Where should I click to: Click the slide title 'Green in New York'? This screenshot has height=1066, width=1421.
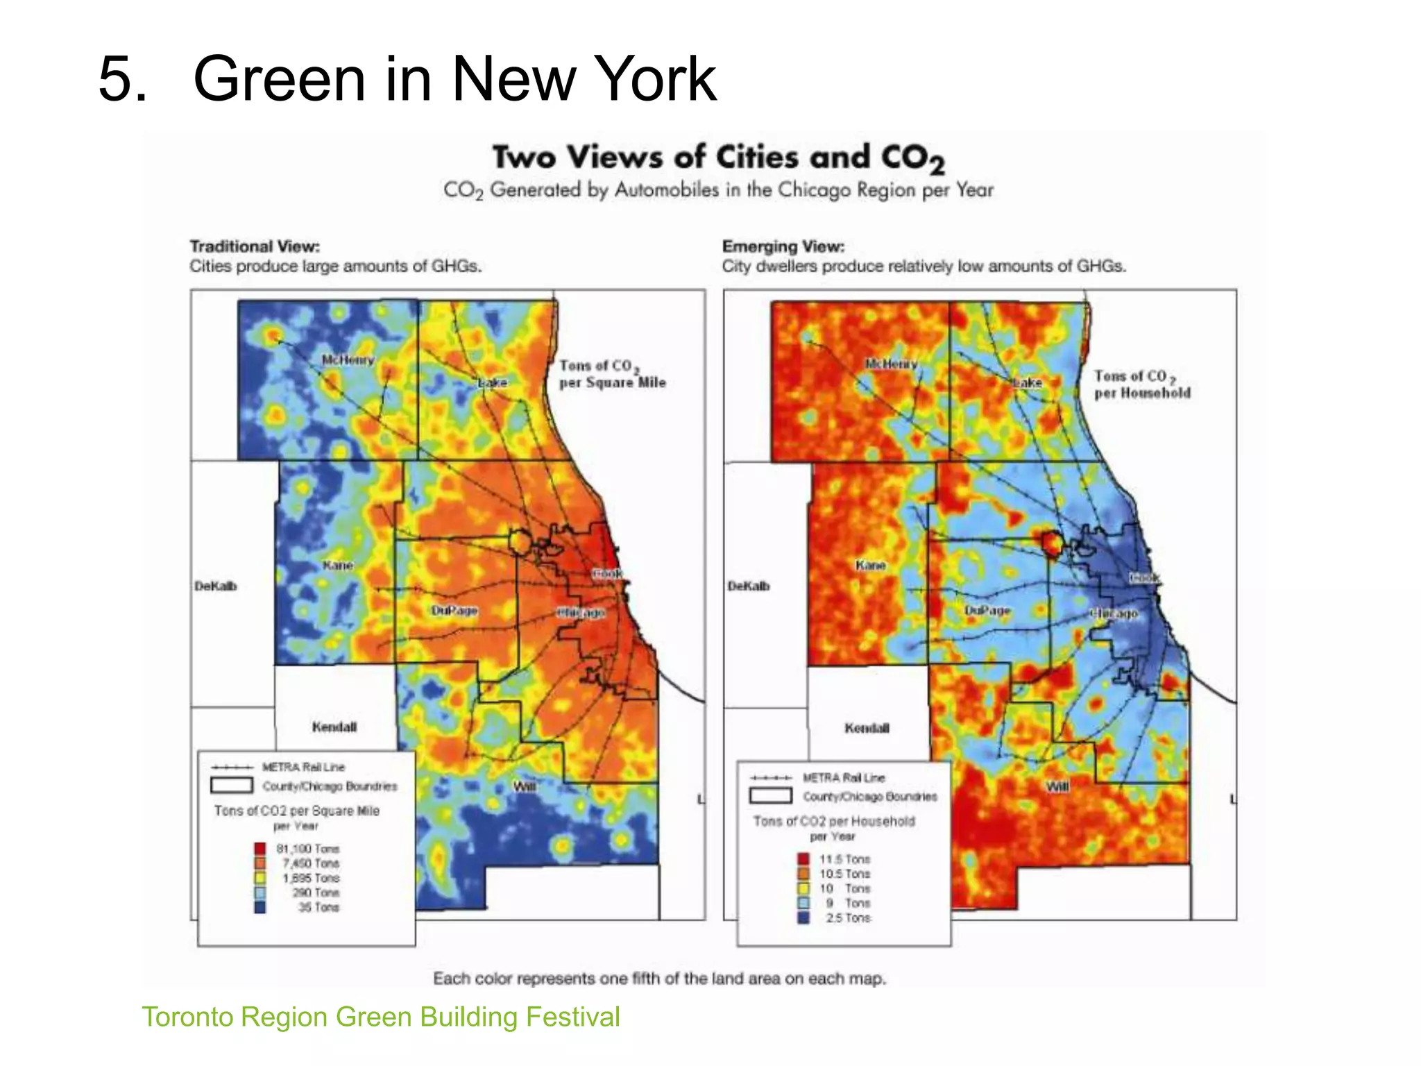tap(454, 78)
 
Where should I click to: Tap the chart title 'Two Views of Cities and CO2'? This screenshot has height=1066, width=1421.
tap(718, 158)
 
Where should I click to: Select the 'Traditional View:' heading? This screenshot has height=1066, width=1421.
tap(255, 246)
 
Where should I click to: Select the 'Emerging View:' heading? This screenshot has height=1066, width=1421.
tap(783, 246)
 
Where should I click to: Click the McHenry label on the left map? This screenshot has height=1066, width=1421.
tap(348, 359)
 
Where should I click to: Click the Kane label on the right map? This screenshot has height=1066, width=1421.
tap(870, 565)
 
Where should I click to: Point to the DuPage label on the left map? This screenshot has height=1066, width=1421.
tap(454, 610)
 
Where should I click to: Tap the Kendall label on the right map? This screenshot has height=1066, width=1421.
tap(867, 728)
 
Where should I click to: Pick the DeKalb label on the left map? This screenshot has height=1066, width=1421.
tap(215, 586)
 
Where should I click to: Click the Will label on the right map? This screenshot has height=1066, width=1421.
tap(1057, 786)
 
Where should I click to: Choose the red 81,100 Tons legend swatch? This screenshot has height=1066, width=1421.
tap(260, 848)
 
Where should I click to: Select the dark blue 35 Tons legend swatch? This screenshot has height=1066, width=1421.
tap(260, 907)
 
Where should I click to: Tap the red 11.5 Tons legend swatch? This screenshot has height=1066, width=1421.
tap(803, 859)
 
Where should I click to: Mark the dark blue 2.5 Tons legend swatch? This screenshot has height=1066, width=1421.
tap(803, 917)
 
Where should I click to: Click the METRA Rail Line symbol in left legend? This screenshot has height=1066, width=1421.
tap(232, 767)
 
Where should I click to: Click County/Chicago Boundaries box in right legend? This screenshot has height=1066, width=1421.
tap(770, 795)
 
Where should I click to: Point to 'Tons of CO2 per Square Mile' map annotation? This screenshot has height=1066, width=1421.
tap(612, 374)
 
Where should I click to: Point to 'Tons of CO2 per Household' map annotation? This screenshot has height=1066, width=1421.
tap(1142, 384)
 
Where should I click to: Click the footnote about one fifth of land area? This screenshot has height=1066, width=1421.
tap(659, 979)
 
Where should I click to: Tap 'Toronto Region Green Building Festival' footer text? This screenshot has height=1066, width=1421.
tap(381, 1017)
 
